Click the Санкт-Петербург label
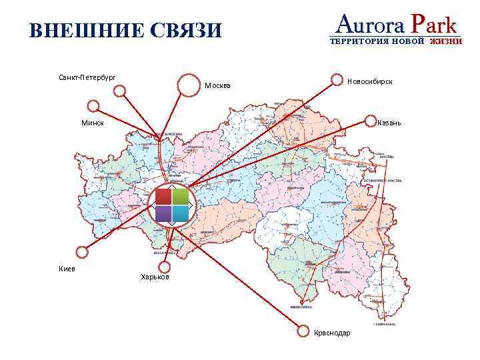click(87, 78)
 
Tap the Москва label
click(217, 85)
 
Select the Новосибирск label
click(369, 81)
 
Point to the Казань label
click(388, 123)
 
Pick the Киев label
click(67, 268)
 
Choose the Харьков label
click(155, 277)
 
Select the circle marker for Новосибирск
click(338, 80)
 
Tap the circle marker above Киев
click(82, 252)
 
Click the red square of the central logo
click(163, 196)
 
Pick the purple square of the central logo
click(163, 213)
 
